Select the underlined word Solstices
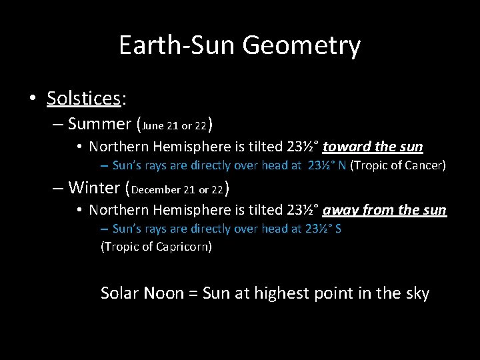pos(83,99)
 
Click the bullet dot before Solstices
pos(33,99)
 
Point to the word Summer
pos(99,123)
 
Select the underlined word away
pos(341,210)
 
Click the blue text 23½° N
pos(327,165)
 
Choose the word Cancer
pos(425,165)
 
